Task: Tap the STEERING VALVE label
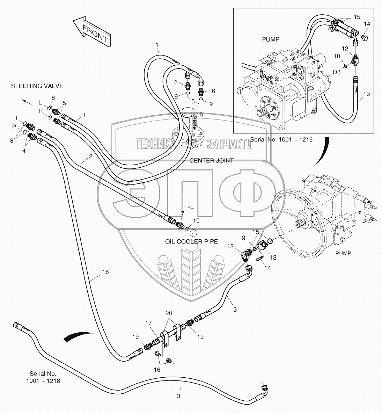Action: click(37, 86)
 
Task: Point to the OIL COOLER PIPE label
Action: click(191, 241)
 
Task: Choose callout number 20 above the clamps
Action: click(169, 313)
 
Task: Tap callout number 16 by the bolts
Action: click(157, 370)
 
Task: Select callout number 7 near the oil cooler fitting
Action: click(183, 213)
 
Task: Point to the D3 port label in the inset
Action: click(337, 72)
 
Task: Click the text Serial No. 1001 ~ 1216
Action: click(281, 139)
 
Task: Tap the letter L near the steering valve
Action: click(40, 102)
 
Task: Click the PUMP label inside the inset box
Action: click(271, 39)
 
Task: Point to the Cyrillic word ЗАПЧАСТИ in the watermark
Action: click(229, 144)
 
